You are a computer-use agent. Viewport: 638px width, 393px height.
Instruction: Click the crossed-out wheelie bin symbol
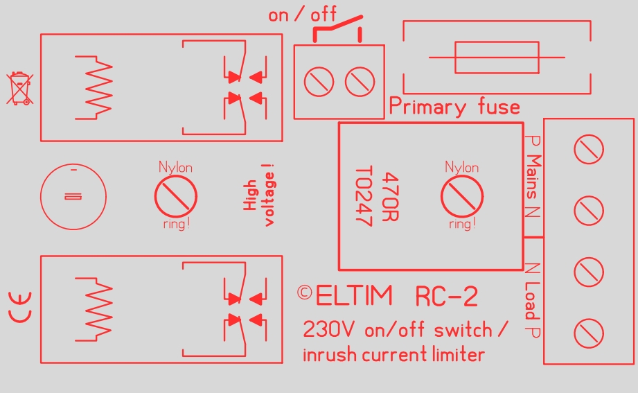click(x=19, y=89)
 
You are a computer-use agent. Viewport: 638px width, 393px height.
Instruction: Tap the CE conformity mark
click(x=20, y=308)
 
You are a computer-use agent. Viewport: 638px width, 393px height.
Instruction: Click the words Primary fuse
click(x=454, y=107)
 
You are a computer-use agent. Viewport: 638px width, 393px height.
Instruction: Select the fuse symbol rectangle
click(x=497, y=57)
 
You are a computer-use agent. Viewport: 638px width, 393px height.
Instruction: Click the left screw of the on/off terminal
click(x=319, y=82)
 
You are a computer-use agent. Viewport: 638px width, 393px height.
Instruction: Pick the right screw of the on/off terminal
click(x=360, y=82)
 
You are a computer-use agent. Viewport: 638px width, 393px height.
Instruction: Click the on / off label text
click(x=302, y=15)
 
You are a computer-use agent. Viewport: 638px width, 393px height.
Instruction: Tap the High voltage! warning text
click(x=260, y=194)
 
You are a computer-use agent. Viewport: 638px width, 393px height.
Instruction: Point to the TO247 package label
click(x=364, y=197)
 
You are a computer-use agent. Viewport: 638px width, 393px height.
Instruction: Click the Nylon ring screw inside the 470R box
click(x=462, y=195)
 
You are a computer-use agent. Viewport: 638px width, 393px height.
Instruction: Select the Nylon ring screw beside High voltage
click(x=176, y=195)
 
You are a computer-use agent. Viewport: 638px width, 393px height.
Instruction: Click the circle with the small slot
click(x=73, y=197)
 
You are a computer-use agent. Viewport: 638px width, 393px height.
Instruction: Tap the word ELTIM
click(x=354, y=297)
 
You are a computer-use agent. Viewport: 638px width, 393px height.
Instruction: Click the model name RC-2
click(x=446, y=297)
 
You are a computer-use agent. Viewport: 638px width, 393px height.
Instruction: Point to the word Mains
click(x=533, y=177)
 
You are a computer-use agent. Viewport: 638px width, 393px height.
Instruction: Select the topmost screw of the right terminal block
click(x=589, y=149)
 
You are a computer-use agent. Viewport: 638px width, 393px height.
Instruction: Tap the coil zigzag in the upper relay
click(x=97, y=88)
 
